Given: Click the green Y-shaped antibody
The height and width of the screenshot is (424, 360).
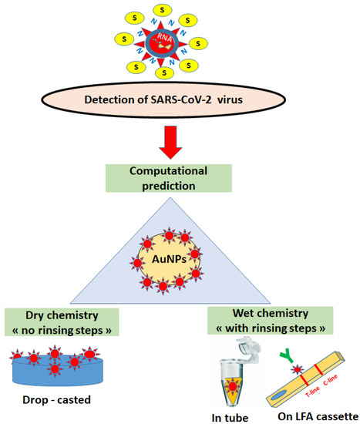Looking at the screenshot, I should [277, 355].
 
